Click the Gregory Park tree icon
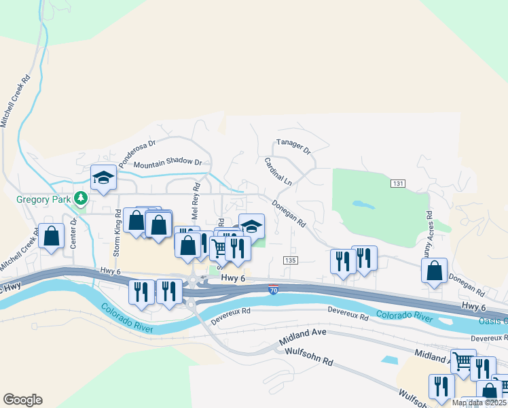point(81,198)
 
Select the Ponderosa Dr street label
point(138,154)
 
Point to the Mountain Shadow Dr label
point(168,164)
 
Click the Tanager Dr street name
point(293,147)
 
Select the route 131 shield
point(398,184)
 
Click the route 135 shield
point(290,260)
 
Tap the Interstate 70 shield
point(273,290)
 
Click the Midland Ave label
point(303,332)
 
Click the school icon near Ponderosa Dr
point(103,177)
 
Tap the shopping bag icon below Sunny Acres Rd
point(434,271)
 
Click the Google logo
point(22,400)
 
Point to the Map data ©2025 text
point(479,403)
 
